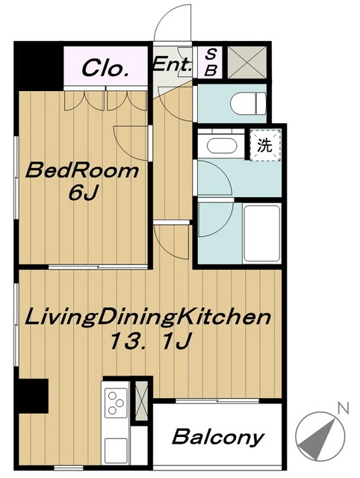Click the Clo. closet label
[105, 68]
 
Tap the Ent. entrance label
[173, 64]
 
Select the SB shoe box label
[211, 63]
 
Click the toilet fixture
[248, 103]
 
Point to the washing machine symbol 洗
[264, 145]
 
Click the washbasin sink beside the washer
[222, 146]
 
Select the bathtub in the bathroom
[262, 234]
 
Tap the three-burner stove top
[116, 403]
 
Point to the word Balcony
[218, 438]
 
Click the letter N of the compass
[343, 408]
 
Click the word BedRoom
[82, 170]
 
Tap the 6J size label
[83, 192]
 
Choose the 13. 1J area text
[150, 341]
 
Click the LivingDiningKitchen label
[148, 317]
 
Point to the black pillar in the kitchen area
[33, 396]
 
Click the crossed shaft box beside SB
[247, 62]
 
